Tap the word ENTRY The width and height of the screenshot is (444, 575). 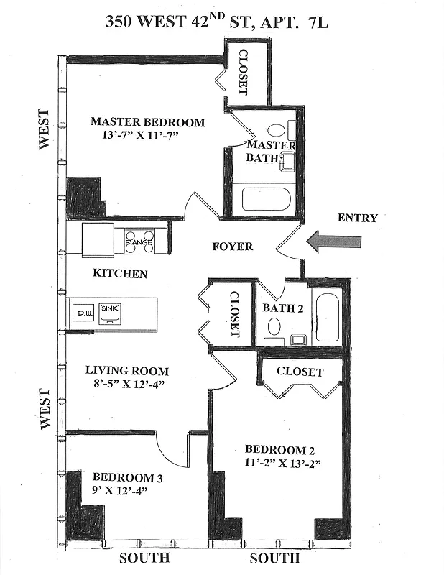[x=357, y=218]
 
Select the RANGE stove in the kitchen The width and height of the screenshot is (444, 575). [x=139, y=241]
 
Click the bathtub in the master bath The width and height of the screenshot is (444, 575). [x=265, y=199]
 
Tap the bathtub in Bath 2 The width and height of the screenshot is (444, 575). [x=326, y=317]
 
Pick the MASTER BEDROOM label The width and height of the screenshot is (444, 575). [x=147, y=122]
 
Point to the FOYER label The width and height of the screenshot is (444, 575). [x=233, y=247]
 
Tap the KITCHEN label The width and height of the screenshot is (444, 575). [x=121, y=274]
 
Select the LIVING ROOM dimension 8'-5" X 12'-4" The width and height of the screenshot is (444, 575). [x=127, y=384]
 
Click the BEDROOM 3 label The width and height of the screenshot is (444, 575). [x=123, y=477]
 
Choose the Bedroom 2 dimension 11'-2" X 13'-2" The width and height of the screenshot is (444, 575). [x=281, y=464]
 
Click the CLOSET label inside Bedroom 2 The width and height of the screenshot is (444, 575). [x=300, y=372]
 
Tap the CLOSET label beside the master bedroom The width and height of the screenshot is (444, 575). [x=243, y=73]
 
